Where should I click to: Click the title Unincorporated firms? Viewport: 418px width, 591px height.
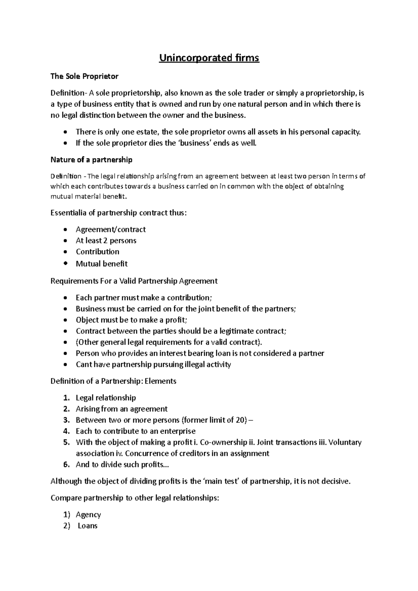click(209, 58)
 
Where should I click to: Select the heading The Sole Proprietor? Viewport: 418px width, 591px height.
click(84, 76)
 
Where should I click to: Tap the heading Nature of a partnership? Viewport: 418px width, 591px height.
click(91, 160)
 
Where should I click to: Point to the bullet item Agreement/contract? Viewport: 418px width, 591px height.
click(110, 229)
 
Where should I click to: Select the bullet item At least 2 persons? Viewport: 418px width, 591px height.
click(106, 241)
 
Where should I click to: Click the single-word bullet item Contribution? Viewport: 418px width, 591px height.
click(98, 252)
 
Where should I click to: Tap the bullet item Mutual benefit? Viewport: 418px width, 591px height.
click(102, 263)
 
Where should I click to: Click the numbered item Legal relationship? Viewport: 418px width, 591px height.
click(106, 397)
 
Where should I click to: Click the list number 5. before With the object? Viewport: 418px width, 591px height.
click(67, 442)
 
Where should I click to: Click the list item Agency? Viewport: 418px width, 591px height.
click(88, 514)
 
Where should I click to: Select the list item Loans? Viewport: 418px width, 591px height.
click(87, 526)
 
